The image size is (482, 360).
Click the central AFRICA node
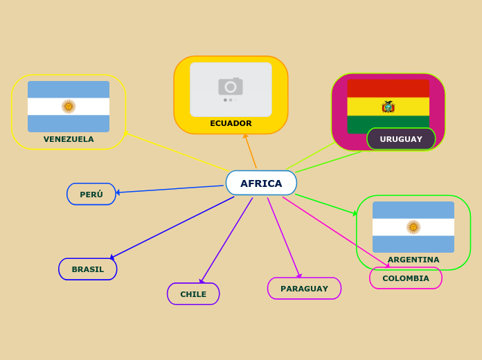(x=261, y=183)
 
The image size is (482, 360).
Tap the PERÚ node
(x=91, y=195)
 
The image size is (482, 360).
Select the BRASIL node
(x=88, y=269)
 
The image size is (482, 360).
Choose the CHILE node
(x=193, y=294)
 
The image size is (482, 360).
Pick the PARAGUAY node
(x=304, y=289)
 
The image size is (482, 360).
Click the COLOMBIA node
(x=406, y=278)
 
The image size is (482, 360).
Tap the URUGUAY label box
(x=401, y=139)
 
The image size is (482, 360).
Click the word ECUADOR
(x=231, y=124)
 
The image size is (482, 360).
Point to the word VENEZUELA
(x=69, y=139)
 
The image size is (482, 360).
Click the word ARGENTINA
(x=413, y=260)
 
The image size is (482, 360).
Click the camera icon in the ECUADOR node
(x=231, y=87)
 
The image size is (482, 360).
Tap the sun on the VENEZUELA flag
(x=69, y=107)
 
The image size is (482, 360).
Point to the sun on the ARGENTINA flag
(x=413, y=227)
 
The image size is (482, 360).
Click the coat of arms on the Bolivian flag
(x=388, y=107)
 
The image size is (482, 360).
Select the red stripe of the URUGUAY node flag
(x=388, y=88)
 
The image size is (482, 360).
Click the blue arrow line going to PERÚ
(x=170, y=189)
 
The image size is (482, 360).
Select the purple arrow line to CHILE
(x=226, y=240)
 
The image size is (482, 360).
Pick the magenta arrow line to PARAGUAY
(x=284, y=237)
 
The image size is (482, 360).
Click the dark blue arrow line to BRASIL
(x=173, y=227)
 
